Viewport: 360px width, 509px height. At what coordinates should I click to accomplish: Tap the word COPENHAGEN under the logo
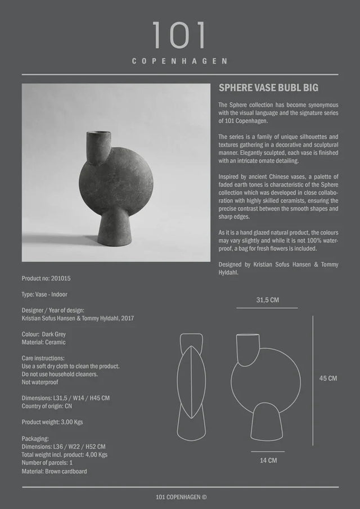pos(180,61)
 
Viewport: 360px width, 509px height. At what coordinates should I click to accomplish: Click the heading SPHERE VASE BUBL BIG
pos(264,88)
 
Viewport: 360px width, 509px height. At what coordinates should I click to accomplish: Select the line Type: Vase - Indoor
pos(44,294)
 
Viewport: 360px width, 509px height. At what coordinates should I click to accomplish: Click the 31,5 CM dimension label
pos(268,300)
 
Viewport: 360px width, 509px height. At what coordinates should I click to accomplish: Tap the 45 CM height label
pos(328,379)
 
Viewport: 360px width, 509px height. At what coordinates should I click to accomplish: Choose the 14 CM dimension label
pos(268,460)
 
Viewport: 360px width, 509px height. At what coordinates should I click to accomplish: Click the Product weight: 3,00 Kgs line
pos(52,422)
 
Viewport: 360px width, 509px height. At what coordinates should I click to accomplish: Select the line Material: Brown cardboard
pos(55,471)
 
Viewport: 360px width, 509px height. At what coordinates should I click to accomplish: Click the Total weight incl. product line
pos(65,454)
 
